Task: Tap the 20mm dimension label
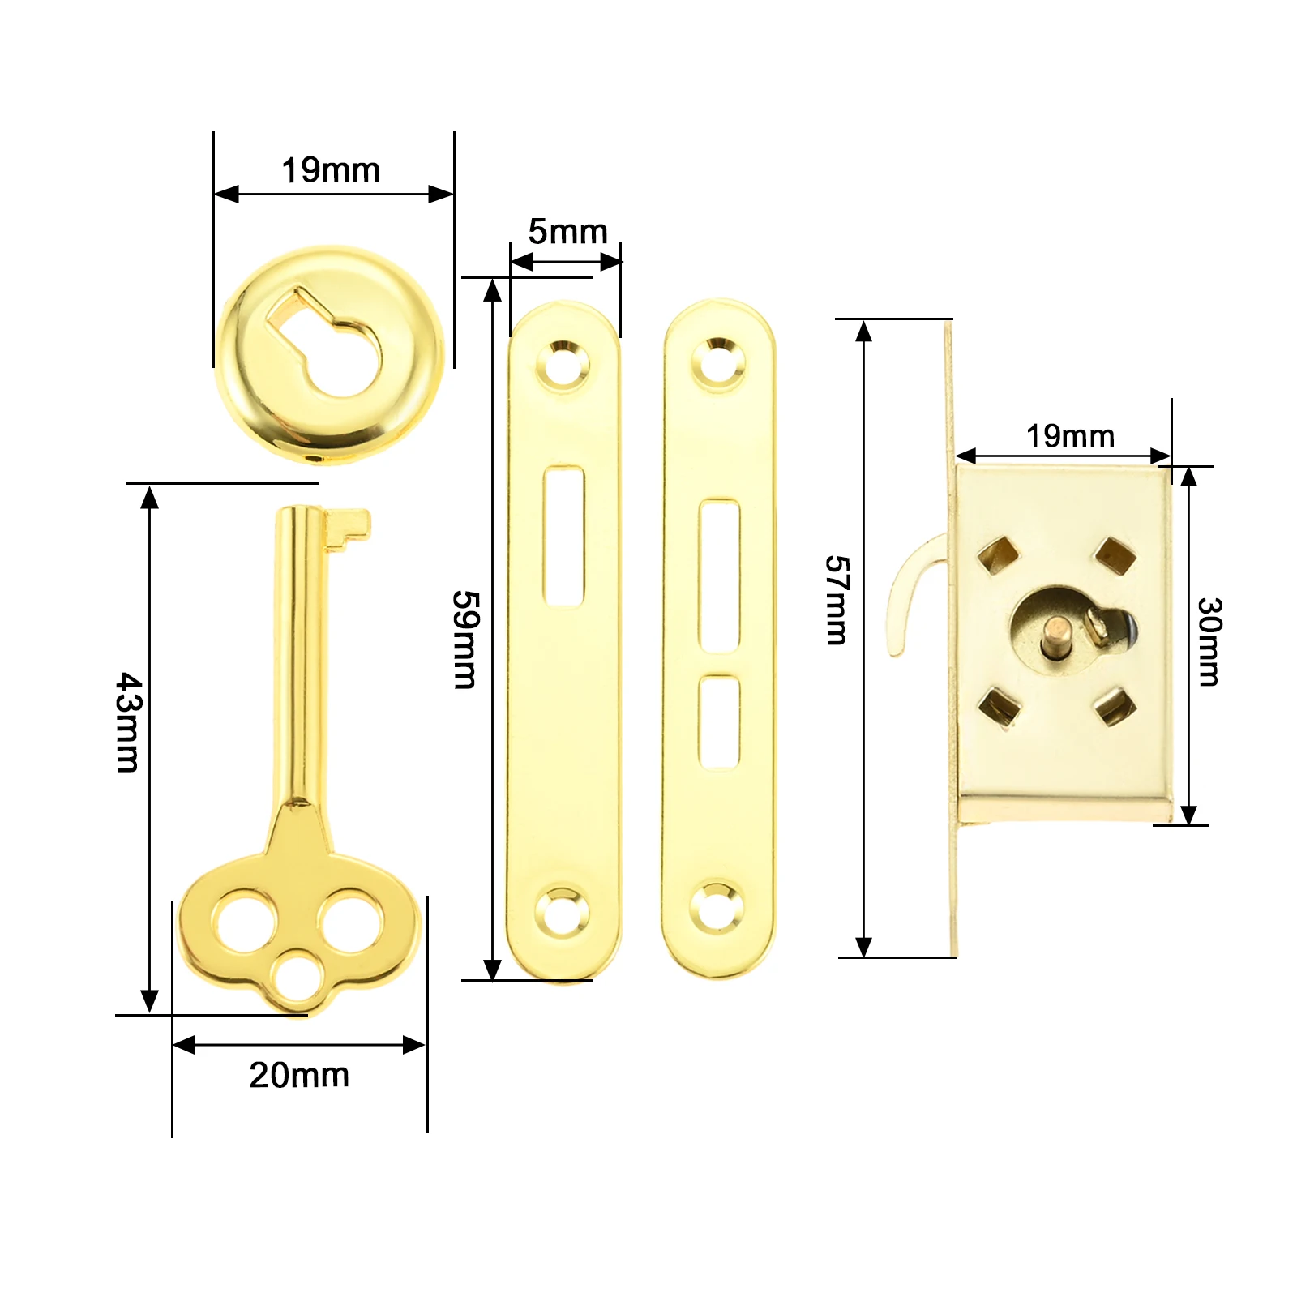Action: tap(299, 1075)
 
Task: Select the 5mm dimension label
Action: tap(567, 232)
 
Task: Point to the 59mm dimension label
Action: tap(465, 640)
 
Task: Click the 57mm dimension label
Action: tap(837, 600)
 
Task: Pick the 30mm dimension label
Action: tap(1209, 641)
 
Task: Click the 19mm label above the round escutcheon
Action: tap(331, 171)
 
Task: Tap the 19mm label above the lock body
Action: tap(1070, 436)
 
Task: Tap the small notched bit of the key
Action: tap(348, 529)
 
